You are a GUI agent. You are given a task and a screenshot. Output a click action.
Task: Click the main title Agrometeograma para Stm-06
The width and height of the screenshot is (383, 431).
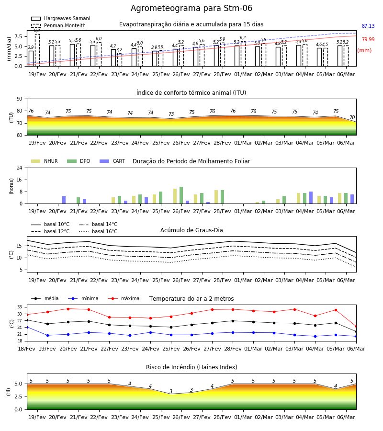point(191,8)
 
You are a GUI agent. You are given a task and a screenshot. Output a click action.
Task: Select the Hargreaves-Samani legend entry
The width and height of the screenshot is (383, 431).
point(60,18)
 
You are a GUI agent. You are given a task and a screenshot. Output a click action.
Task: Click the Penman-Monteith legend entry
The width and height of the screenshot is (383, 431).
point(58,25)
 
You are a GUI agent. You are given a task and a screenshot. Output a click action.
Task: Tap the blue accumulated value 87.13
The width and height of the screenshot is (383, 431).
point(368,26)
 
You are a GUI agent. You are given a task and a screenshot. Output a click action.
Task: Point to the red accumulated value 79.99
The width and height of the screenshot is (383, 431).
point(368,39)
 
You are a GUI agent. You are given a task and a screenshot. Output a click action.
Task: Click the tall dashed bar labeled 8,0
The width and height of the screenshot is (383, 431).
point(37,50)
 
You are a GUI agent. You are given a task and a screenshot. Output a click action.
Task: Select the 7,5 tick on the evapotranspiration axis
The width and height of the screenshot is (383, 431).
point(19,36)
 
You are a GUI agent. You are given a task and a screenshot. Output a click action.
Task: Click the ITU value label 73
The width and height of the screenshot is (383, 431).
point(171,114)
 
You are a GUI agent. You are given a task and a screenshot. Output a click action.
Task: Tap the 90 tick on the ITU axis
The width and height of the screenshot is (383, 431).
point(20,99)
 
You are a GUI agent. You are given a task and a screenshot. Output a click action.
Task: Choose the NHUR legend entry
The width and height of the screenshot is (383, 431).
point(44,161)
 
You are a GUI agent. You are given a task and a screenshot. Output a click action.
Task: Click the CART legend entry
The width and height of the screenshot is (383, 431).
point(112,161)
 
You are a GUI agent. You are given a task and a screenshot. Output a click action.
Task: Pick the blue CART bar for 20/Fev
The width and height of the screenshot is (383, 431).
point(64,200)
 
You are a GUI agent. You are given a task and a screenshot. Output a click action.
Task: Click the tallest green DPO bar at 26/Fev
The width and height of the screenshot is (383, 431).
point(181,195)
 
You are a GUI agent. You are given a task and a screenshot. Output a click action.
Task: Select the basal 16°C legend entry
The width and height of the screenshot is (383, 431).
point(98,231)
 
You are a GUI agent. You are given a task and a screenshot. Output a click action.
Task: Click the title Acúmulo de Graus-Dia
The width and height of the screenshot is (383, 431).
point(191,230)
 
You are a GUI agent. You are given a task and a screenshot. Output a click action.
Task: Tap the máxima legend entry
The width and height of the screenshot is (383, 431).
point(124,298)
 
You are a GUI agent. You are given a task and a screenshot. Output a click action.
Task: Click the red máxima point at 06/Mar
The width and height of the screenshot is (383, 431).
point(356,327)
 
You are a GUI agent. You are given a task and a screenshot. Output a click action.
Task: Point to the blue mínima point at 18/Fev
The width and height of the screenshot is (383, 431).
point(27,328)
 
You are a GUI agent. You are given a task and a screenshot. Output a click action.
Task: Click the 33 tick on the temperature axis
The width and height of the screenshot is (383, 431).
point(20,307)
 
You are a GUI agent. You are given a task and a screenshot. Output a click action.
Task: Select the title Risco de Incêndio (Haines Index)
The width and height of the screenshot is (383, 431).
point(191,367)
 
